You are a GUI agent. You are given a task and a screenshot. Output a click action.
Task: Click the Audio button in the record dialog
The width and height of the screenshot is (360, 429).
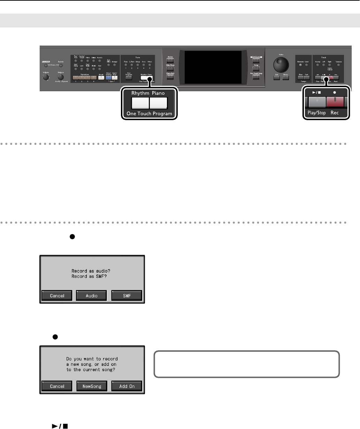click(92, 296)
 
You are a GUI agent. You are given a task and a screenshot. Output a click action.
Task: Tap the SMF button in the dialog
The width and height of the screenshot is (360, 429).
click(127, 296)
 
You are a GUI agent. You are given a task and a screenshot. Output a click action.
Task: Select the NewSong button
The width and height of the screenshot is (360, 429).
click(92, 386)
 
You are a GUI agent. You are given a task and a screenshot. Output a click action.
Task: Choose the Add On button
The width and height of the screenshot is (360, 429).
click(127, 386)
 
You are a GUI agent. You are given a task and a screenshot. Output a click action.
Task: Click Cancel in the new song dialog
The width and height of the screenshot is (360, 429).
click(57, 386)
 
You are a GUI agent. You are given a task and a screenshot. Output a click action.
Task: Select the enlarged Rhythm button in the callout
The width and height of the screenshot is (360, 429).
click(140, 103)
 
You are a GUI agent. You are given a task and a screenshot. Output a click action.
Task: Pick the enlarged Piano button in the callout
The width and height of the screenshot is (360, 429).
click(158, 103)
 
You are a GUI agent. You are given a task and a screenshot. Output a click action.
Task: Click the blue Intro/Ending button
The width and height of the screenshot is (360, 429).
click(108, 78)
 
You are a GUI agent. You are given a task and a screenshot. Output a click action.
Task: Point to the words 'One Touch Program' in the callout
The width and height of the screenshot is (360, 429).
click(150, 114)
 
